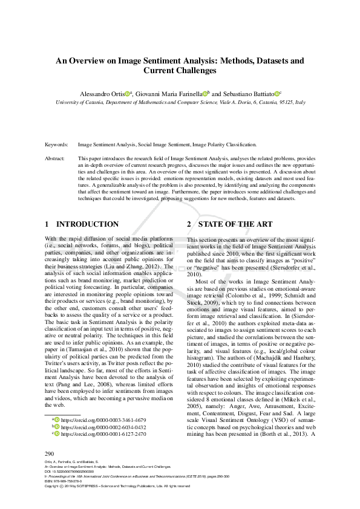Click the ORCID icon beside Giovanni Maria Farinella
205,94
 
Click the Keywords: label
57,144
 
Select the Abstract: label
56,158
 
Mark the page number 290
50,453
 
